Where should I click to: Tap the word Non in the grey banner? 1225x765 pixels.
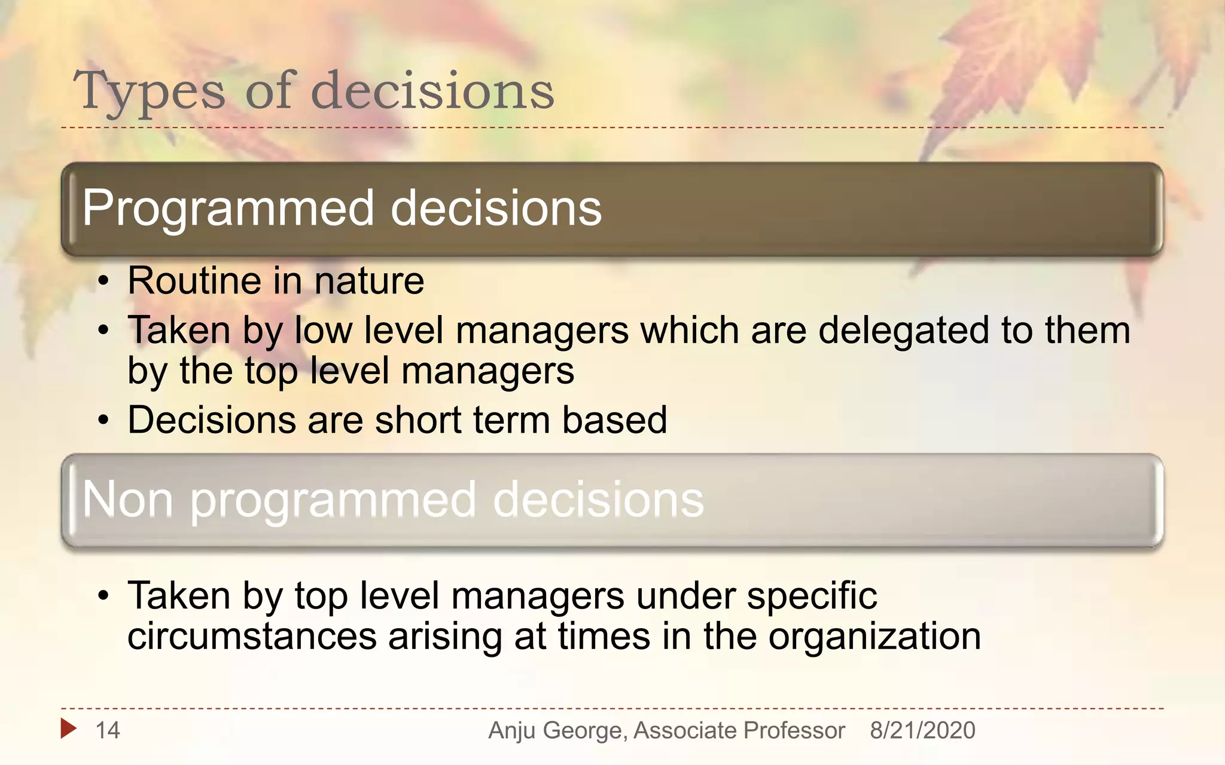(x=127, y=500)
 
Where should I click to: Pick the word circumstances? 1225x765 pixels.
(x=252, y=636)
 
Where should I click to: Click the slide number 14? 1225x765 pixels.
(x=108, y=730)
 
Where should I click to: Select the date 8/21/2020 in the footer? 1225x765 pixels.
(x=922, y=730)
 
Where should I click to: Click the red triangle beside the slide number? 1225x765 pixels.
(x=68, y=728)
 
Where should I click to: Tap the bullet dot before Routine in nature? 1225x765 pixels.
(x=104, y=281)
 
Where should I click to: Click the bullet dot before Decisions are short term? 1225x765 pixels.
(x=104, y=421)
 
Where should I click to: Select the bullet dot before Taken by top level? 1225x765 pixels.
(x=104, y=596)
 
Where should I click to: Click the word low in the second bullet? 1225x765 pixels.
(x=324, y=331)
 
